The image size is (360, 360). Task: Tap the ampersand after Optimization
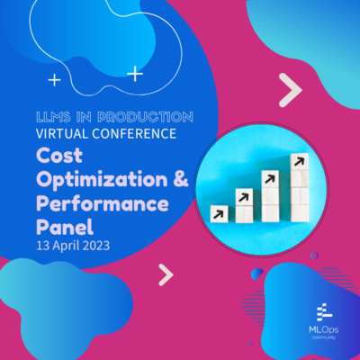click(x=180, y=180)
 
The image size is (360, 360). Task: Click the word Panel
click(x=62, y=226)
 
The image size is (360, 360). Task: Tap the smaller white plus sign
click(x=55, y=80)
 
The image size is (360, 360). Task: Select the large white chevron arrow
click(x=290, y=90)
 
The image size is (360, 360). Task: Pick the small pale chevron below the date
click(x=166, y=274)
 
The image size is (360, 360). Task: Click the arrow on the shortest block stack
click(x=219, y=213)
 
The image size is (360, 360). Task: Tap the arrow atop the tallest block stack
click(x=297, y=162)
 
